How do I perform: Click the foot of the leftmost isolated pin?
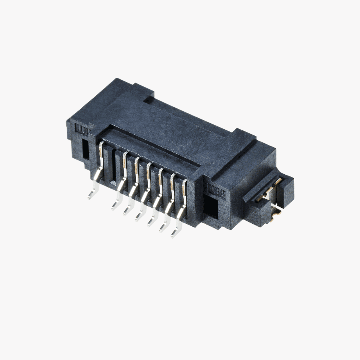click(91, 195)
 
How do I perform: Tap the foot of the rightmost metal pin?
click(175, 233)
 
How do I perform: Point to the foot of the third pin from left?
click(127, 211)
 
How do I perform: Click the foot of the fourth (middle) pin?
click(139, 216)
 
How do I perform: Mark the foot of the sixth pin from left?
click(162, 228)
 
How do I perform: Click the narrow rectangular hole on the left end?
click(85, 150)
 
